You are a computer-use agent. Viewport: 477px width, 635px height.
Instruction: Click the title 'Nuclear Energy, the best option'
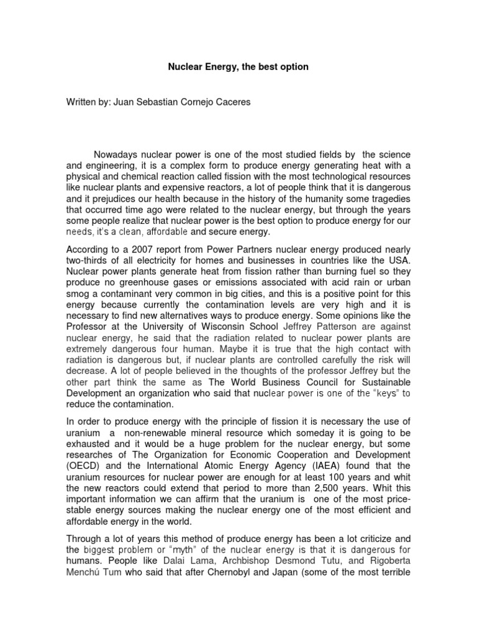(238, 66)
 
